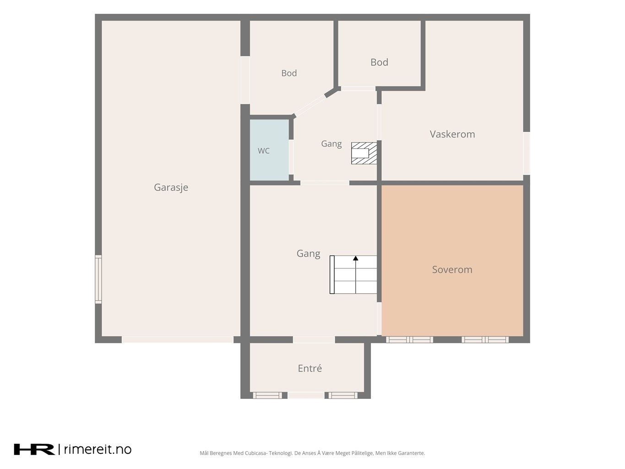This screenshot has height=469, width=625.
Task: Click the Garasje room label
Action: point(171,187)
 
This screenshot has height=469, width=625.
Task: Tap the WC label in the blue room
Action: point(263,151)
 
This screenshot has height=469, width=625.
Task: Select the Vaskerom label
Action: point(452,134)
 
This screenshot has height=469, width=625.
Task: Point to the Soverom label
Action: point(452,269)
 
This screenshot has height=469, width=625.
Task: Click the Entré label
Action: point(310,368)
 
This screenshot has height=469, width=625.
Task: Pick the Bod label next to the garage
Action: point(289,73)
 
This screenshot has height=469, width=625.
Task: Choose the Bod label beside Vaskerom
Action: point(379,62)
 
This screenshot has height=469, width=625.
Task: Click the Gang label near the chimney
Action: point(331,144)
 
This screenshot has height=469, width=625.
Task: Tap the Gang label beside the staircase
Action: point(308,253)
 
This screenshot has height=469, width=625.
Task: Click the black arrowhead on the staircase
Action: point(355,258)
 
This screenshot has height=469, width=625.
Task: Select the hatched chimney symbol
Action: point(364,153)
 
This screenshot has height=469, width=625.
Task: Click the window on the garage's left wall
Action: point(98,279)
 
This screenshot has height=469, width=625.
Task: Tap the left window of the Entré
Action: point(267,395)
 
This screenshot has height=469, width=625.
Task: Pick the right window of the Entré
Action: point(343,395)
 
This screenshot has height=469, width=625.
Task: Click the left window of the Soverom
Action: point(409,339)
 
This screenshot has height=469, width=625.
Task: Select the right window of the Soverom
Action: point(485,339)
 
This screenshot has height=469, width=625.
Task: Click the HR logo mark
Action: point(34,449)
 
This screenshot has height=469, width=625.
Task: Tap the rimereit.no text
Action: point(98,449)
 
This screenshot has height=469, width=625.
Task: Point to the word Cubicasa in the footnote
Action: point(256,453)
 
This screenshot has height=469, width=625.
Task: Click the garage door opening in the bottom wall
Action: point(178,339)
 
